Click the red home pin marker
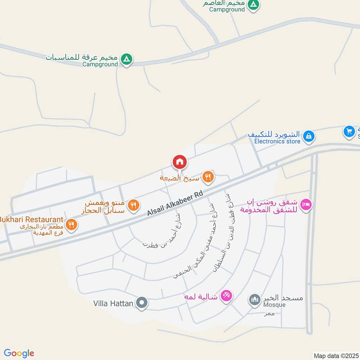(179, 162)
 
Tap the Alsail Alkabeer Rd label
(175, 203)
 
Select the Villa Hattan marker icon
(142, 303)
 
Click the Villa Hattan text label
(113, 303)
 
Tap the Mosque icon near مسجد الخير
(255, 299)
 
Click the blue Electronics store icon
(308, 135)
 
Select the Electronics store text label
(277, 141)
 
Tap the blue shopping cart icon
(349, 131)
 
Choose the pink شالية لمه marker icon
(227, 296)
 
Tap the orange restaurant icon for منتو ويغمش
(133, 206)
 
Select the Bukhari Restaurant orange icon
(71, 224)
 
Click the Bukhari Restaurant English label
(31, 219)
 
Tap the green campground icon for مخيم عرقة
(127, 59)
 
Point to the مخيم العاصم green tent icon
(254, 4)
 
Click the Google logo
(19, 353)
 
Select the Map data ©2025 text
(335, 355)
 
